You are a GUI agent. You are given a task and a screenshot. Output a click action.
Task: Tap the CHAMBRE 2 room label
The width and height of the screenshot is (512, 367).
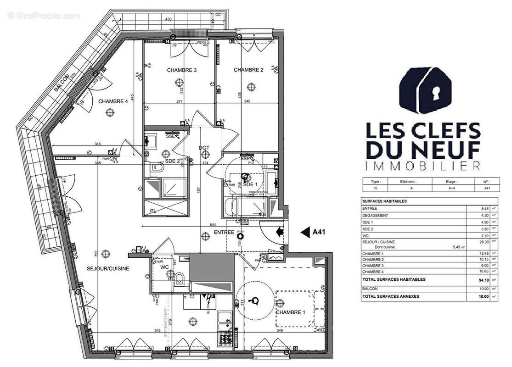pyautogui.click(x=248, y=70)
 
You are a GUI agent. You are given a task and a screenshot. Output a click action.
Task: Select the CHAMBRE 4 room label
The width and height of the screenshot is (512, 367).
pyautogui.click(x=113, y=101)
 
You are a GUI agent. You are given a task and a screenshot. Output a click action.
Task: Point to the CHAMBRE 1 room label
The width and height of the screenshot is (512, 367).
pyautogui.click(x=290, y=312)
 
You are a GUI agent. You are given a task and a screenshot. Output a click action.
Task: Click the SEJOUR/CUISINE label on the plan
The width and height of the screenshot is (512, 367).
pyautogui.click(x=108, y=268)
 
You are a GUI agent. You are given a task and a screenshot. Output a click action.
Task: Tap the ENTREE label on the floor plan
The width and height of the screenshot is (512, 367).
pyautogui.click(x=224, y=233)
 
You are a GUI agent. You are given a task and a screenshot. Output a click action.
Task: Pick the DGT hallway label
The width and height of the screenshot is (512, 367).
pyautogui.click(x=204, y=148)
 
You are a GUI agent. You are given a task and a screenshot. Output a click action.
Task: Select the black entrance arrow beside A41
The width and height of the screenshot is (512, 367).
pyautogui.click(x=305, y=232)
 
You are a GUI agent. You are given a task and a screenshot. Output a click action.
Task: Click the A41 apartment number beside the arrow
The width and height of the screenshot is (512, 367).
pyautogui.click(x=319, y=232)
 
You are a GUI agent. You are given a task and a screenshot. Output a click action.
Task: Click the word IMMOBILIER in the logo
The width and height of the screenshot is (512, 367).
pyautogui.click(x=422, y=165)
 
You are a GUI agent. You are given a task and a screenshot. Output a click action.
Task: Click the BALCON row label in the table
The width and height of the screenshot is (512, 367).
pyautogui.click(x=370, y=289)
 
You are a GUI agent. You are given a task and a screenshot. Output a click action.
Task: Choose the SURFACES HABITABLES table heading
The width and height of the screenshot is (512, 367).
pyautogui.click(x=384, y=201)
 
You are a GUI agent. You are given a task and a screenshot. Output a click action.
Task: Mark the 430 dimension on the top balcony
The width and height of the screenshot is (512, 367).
pyautogui.click(x=169, y=19)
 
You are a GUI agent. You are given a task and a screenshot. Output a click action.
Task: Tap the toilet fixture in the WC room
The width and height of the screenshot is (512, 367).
pyautogui.click(x=181, y=278)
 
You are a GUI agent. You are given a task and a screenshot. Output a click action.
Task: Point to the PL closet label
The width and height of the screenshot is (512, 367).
pyautogui.click(x=152, y=211)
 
